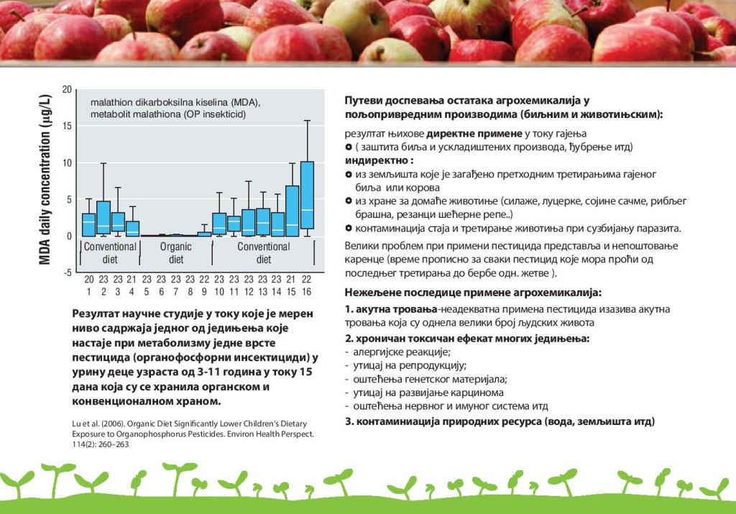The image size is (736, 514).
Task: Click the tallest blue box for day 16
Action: click(x=307, y=196)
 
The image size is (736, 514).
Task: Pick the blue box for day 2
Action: click(x=103, y=217)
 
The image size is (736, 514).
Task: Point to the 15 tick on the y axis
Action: click(x=67, y=126)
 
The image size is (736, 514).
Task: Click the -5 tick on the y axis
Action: click(x=67, y=272)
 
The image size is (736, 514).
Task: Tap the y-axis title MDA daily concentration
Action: click(x=45, y=179)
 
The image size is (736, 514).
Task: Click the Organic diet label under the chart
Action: click(x=176, y=252)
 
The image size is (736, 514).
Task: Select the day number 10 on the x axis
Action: click(x=219, y=291)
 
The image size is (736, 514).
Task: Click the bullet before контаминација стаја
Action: click(x=349, y=229)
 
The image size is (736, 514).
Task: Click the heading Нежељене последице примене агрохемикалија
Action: click(x=473, y=293)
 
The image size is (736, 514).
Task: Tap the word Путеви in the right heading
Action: click(x=363, y=101)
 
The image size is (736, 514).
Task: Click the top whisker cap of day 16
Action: click(x=307, y=121)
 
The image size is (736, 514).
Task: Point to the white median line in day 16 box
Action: click(x=307, y=210)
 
